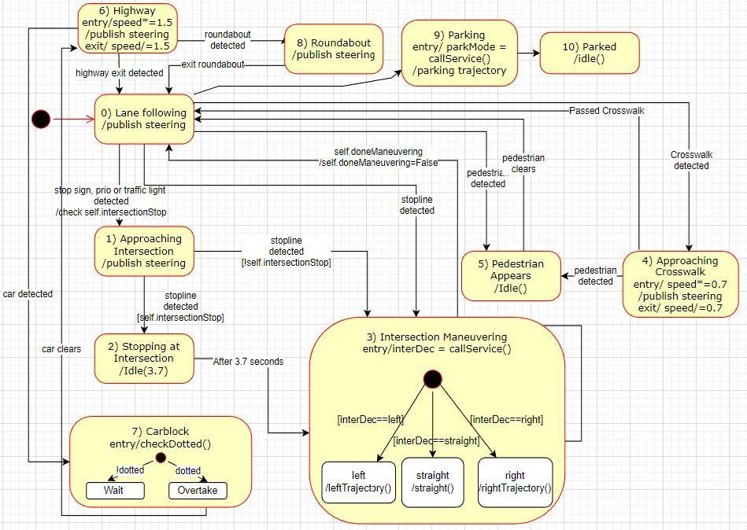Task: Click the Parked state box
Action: (x=589, y=53)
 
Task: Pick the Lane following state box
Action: (x=144, y=119)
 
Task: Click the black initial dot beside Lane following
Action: (x=40, y=119)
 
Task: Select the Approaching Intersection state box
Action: (x=145, y=251)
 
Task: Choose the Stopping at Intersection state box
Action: (x=145, y=359)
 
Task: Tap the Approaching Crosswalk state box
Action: (x=681, y=283)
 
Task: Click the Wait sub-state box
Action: (x=115, y=491)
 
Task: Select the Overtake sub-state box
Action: (x=198, y=491)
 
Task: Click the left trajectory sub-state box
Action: (x=358, y=481)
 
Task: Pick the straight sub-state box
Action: (x=433, y=481)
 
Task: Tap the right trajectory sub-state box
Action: (x=515, y=481)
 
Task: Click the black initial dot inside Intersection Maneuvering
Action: (x=431, y=379)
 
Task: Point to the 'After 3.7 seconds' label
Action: (x=248, y=362)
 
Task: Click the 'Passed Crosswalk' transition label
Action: (x=606, y=111)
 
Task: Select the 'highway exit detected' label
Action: (x=120, y=73)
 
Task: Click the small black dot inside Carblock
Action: (x=161, y=458)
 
